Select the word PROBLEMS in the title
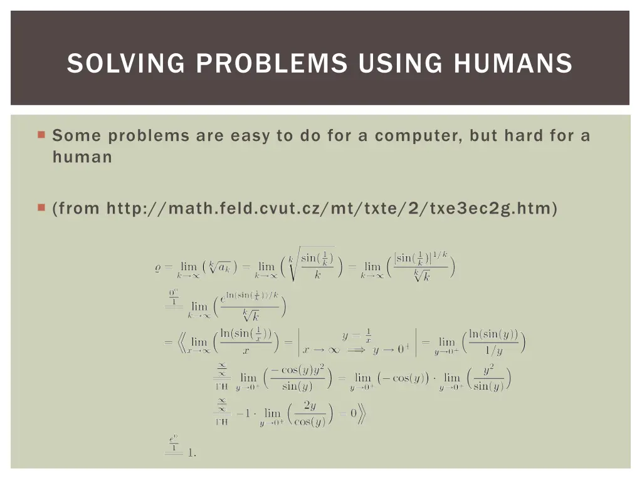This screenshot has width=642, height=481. point(271,63)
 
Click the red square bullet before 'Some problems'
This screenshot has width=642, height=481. point(41,134)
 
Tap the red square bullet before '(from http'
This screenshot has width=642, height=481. point(41,207)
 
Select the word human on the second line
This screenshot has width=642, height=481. point(82,157)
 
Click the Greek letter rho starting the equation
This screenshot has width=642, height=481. point(158,267)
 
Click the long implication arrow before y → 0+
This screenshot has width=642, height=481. point(355,350)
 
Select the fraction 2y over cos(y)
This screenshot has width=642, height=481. point(309,413)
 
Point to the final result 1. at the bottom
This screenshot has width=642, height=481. point(192,452)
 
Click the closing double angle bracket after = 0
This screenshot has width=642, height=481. point(362,413)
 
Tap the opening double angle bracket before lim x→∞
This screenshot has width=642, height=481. point(178,342)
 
